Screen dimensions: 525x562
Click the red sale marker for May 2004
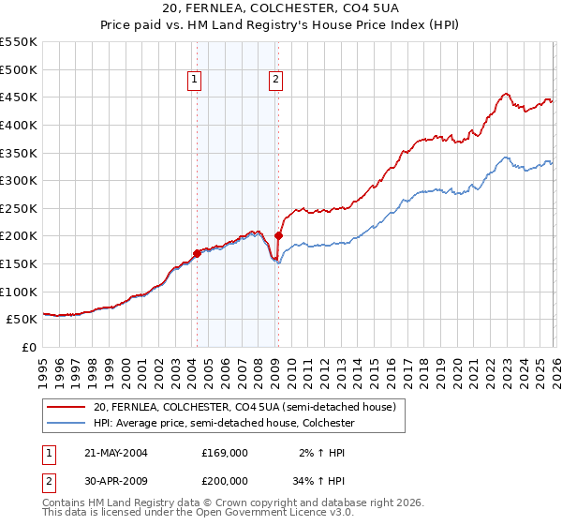pyautogui.click(x=197, y=253)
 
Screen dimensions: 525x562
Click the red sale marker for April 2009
pyautogui.click(x=278, y=236)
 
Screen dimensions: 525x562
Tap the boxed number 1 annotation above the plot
pyautogui.click(x=194, y=81)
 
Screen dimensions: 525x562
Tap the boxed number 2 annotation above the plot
pyautogui.click(x=276, y=81)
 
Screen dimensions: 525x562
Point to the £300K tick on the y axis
pyautogui.click(x=19, y=180)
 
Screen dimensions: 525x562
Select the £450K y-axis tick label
pyautogui.click(x=19, y=97)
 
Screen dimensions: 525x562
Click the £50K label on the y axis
pyautogui.click(x=22, y=320)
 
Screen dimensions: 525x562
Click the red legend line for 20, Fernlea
pyautogui.click(x=66, y=408)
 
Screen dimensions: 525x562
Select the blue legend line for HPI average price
pyautogui.click(x=66, y=424)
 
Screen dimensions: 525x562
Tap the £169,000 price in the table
pyautogui.click(x=225, y=453)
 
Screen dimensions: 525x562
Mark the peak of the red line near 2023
pyautogui.click(x=506, y=93)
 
